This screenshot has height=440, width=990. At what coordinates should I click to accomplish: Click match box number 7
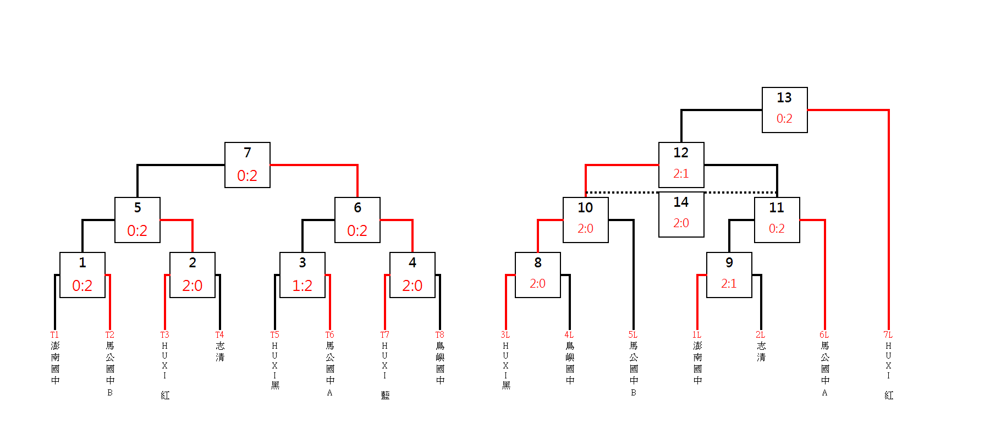point(248,165)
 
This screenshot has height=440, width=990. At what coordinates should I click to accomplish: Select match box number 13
point(784,110)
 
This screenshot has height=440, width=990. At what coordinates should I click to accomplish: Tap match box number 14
point(681,215)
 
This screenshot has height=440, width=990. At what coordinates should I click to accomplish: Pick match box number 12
point(681,165)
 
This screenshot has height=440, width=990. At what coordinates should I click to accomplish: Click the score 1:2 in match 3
point(302,285)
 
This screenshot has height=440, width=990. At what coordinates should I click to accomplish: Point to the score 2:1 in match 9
point(729,283)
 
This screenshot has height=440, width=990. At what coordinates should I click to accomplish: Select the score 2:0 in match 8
point(537,283)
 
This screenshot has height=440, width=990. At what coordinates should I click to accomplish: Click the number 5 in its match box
point(137,207)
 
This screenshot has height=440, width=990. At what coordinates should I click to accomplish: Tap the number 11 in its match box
point(777,207)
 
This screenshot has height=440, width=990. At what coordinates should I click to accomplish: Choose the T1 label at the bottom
point(54,334)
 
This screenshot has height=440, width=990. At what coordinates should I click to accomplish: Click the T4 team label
point(219,334)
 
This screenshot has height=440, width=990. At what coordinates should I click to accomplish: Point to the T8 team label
point(439,334)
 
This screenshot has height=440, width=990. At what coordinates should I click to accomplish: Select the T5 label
point(274,334)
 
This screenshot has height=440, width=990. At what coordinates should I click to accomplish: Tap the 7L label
point(888,334)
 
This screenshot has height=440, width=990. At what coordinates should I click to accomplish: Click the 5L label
point(632,334)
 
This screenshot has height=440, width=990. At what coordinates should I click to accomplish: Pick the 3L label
point(505,334)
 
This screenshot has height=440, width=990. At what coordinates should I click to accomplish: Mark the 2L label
point(760,334)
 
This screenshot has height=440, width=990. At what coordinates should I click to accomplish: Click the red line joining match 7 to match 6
point(313,164)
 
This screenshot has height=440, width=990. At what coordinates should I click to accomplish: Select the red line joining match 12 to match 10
point(621,164)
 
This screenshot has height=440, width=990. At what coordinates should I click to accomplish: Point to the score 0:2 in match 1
point(82,285)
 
